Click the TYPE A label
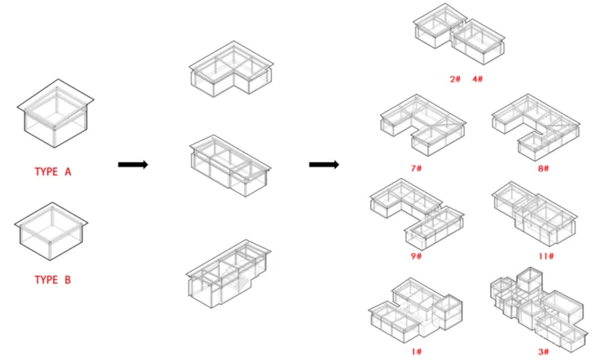[53, 172]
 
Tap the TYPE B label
[53, 280]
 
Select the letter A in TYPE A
[68, 172]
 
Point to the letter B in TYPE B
[67, 280]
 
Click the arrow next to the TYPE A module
[133, 164]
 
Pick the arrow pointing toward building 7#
[324, 164]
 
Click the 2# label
[455, 79]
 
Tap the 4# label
[478, 79]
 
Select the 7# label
[416, 168]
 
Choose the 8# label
[544, 168]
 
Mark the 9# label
[416, 256]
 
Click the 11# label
[546, 256]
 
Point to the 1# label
[416, 352]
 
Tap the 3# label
[544, 352]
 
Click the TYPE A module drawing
[55, 113]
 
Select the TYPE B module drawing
[51, 232]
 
